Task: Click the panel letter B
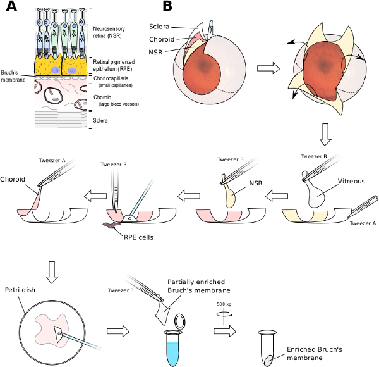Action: tap(167, 7)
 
